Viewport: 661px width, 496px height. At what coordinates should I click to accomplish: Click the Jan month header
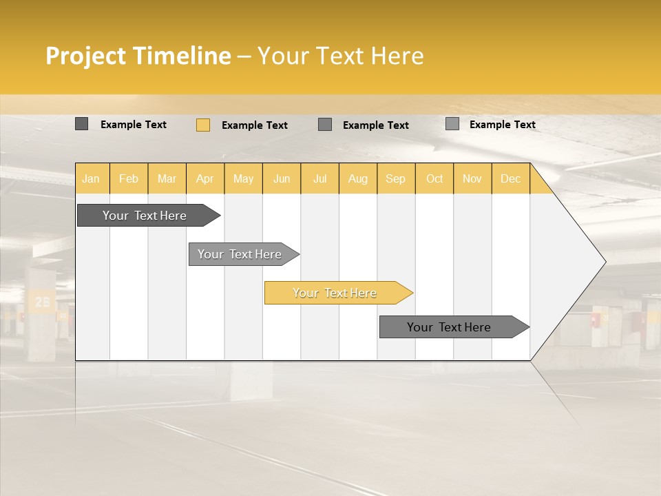tap(91, 178)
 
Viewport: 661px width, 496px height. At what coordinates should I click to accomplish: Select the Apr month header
tap(204, 178)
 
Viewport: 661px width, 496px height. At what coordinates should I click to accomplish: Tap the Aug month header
tap(357, 178)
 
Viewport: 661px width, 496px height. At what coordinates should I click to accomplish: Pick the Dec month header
tap(510, 178)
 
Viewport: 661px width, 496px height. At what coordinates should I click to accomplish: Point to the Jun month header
tap(281, 178)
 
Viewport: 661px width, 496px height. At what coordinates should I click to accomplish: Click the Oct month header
tap(434, 178)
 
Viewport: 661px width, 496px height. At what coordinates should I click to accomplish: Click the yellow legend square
tap(202, 125)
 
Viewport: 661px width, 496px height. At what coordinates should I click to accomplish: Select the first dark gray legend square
tap(81, 124)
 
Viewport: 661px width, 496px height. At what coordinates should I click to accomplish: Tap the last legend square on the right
tap(452, 124)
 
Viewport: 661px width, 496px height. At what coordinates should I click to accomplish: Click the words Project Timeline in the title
tap(138, 56)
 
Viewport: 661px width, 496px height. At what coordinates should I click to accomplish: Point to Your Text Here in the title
tap(340, 56)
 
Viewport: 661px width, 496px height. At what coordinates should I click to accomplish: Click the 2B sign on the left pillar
tap(42, 302)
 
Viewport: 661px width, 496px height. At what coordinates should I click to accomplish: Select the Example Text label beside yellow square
tap(254, 125)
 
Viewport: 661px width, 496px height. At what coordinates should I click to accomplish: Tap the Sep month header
tap(395, 178)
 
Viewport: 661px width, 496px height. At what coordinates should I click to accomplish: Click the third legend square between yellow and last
tap(325, 125)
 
